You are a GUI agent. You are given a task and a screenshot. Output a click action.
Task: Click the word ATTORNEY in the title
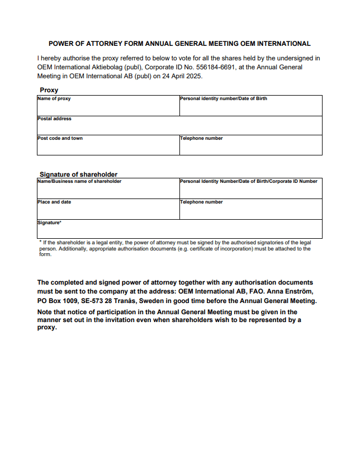[104, 44]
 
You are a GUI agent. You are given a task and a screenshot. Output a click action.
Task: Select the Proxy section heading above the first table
[49, 90]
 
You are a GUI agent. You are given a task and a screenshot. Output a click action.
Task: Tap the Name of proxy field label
[54, 99]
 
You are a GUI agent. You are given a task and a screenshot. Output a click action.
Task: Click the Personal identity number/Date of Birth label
[223, 99]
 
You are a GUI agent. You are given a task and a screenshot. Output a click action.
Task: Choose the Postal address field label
[54, 119]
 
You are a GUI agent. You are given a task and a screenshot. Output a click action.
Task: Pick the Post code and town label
[60, 139]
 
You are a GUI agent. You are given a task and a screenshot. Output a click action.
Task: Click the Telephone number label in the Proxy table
[201, 139]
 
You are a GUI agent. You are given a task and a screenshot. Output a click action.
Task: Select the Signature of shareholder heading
[78, 174]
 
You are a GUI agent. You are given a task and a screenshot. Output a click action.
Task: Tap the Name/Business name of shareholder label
[79, 182]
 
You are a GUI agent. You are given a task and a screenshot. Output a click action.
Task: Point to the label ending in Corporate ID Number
[248, 182]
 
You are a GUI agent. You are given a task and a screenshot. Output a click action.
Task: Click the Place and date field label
[54, 202]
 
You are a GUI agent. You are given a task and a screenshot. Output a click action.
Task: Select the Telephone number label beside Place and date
[201, 202]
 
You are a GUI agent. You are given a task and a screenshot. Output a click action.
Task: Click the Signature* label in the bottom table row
[49, 223]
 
